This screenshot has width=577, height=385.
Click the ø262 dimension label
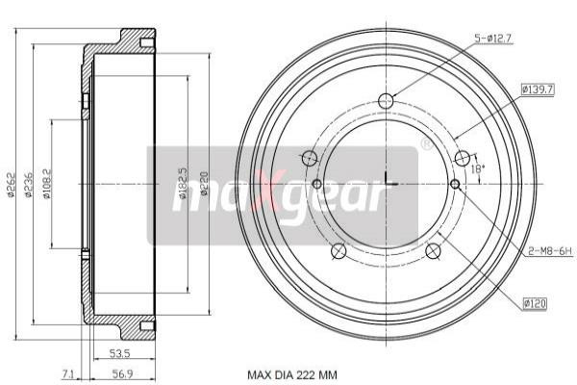(x=13, y=183)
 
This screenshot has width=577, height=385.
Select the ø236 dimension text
(x=31, y=183)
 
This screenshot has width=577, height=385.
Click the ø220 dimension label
(x=203, y=183)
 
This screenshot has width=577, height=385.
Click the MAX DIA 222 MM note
(x=292, y=374)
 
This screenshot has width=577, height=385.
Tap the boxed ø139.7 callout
(x=537, y=90)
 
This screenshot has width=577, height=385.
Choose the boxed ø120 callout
(x=537, y=304)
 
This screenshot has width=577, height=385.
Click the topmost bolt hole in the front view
(x=386, y=101)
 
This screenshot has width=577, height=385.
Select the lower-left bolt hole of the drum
(x=338, y=252)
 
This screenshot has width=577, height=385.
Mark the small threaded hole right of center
(x=455, y=184)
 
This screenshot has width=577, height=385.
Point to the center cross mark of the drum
(x=386, y=183)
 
